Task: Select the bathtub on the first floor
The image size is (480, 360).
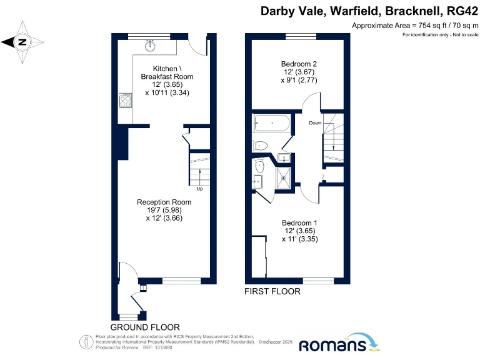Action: (x=271, y=124)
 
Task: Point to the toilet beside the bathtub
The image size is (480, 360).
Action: (x=261, y=146)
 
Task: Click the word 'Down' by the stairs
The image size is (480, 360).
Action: (x=315, y=122)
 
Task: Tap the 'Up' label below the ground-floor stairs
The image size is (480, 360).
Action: (x=199, y=188)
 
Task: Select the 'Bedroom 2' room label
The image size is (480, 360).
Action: (x=299, y=64)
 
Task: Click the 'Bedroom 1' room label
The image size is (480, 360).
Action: (x=299, y=223)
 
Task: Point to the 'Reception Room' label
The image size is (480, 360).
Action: (x=164, y=202)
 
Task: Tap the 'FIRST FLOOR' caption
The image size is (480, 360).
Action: (x=272, y=291)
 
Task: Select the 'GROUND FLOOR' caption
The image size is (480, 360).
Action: (x=145, y=327)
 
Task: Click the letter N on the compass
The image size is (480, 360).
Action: (x=22, y=42)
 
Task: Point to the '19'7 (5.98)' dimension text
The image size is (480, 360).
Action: (x=164, y=211)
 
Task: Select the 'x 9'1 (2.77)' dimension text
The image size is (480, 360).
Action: (x=299, y=80)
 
